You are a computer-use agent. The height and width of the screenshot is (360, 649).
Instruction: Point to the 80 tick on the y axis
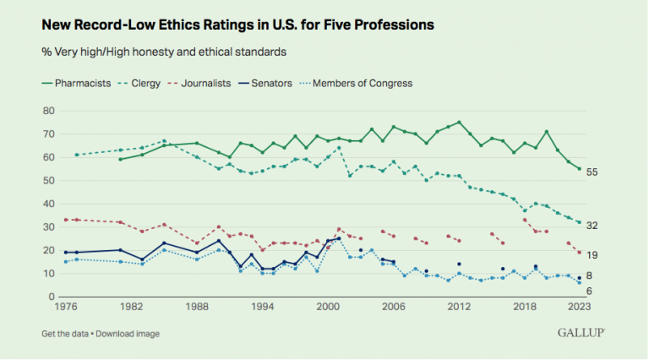pyautogui.click(x=48, y=111)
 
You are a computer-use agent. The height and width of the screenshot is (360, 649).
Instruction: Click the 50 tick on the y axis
pyautogui.click(x=48, y=181)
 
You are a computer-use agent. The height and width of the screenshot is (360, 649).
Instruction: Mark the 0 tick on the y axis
pyautogui.click(x=51, y=297)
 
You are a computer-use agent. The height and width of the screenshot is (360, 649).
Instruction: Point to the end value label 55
pyautogui.click(x=593, y=172)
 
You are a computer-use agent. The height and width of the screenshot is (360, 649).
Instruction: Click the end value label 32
pyautogui.click(x=593, y=225)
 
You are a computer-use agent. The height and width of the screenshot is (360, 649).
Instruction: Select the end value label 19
pyautogui.click(x=593, y=254)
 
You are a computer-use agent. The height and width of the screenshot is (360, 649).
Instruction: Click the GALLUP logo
pyautogui.click(x=581, y=333)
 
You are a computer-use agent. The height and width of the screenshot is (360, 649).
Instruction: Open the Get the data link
pyautogui.click(x=64, y=333)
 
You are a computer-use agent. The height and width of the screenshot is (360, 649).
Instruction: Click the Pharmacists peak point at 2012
pyautogui.click(x=459, y=123)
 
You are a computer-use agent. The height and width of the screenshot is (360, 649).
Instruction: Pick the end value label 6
pyautogui.click(x=591, y=292)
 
